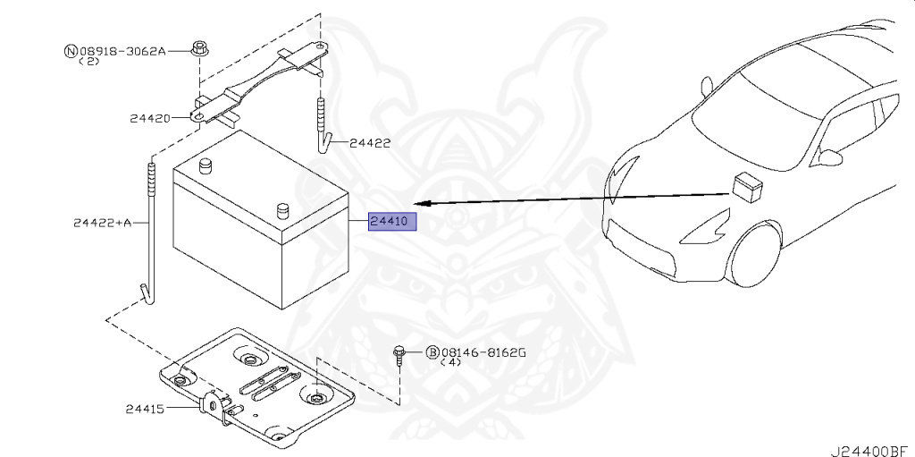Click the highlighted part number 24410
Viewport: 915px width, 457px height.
click(393, 220)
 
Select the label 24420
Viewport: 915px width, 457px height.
click(149, 117)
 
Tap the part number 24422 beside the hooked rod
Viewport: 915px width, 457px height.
click(370, 142)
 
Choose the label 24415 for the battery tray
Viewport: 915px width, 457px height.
click(146, 409)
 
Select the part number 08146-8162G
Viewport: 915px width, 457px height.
click(483, 352)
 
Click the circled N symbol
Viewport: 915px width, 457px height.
click(70, 51)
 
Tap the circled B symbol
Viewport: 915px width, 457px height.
click(432, 352)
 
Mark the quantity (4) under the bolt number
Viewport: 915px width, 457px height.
click(452, 363)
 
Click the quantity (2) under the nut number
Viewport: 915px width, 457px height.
click(89, 62)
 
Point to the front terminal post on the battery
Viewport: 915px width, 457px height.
click(284, 211)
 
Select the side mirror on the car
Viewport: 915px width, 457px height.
click(831, 157)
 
